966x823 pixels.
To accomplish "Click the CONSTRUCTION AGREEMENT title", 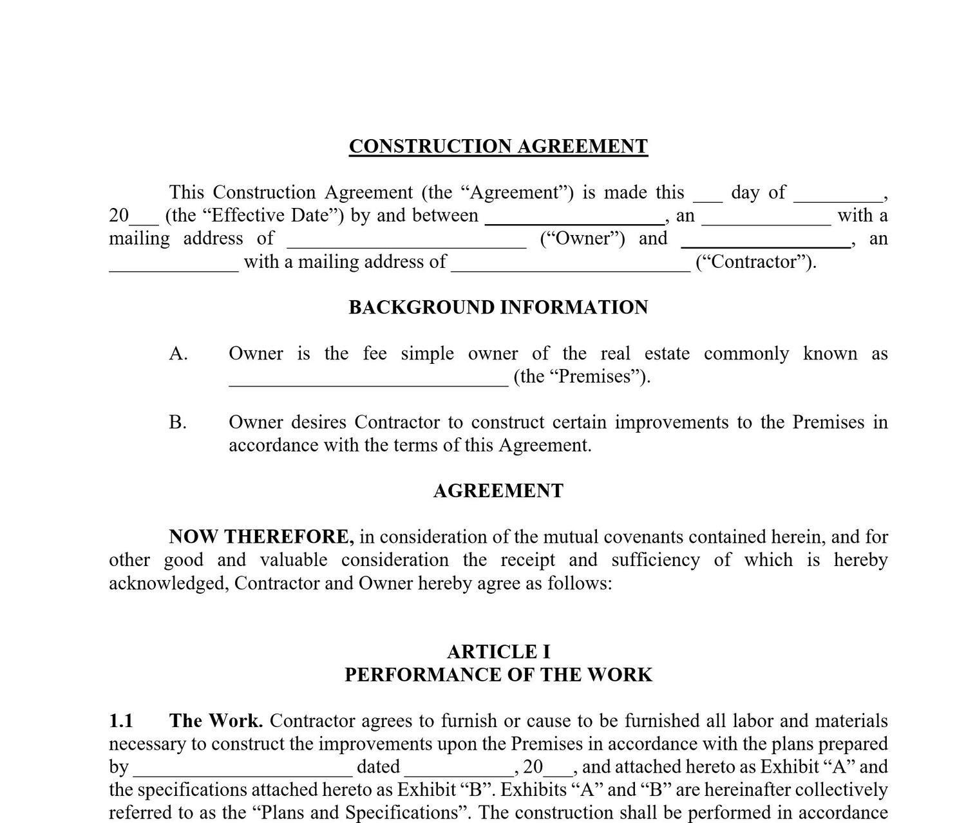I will point(498,146).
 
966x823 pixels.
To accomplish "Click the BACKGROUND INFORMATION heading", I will point(498,307).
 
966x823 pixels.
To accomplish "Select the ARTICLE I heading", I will point(498,652).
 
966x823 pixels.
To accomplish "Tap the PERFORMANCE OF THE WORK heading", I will point(498,675).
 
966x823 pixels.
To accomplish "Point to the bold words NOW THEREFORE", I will point(261,536).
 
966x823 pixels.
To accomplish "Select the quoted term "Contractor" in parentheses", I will point(756,261).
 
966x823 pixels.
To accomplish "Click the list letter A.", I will point(178,354).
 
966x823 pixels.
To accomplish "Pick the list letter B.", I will point(178,422).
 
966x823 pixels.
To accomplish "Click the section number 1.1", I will point(120,721).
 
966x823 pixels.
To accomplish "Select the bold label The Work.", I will point(215,721).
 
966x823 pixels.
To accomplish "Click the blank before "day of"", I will point(708,196).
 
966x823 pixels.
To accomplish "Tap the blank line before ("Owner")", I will point(406,243).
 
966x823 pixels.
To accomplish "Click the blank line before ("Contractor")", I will point(571,266).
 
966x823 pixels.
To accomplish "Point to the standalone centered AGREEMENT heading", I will point(498,491).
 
